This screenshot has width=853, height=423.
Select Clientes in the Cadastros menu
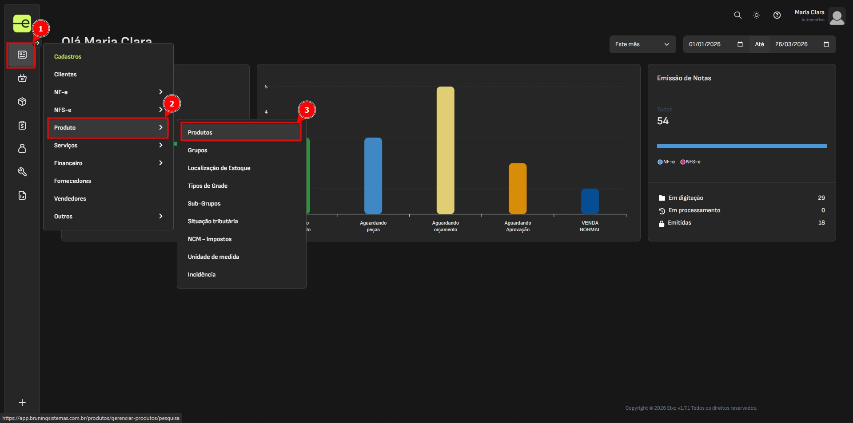coord(65,75)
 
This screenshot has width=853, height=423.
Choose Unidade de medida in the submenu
coord(213,257)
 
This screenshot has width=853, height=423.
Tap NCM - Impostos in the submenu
coord(210,239)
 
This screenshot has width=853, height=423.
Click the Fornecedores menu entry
coord(72,181)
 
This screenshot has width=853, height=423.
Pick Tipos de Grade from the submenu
coord(207,186)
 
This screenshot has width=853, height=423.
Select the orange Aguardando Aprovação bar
coord(518,188)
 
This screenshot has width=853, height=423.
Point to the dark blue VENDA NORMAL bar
coord(590,201)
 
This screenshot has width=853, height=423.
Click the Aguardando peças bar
coord(373,176)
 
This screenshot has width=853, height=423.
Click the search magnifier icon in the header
coord(737,15)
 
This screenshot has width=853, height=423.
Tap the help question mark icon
coord(777,15)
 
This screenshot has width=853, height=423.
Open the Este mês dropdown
coord(642,44)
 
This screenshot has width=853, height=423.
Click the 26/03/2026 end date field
coord(791,44)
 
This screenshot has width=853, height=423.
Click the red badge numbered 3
coord(307,110)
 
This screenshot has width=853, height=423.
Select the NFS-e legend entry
coord(690,162)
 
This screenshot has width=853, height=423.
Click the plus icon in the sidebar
coord(22,403)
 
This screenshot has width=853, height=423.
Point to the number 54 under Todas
coord(663,121)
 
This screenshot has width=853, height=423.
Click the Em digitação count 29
coord(821,198)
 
